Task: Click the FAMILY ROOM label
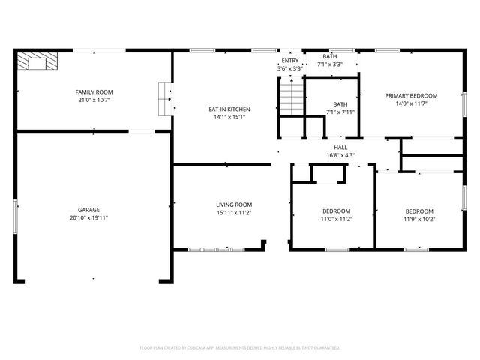94,92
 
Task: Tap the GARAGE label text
88,210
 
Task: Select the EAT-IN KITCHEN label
229,109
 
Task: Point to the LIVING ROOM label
234,205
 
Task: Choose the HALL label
340,148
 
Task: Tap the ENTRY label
289,61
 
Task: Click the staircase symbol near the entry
292,98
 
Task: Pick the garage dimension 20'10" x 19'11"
88,218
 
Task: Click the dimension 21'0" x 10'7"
94,100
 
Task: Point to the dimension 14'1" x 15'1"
229,117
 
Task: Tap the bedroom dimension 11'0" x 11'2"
337,219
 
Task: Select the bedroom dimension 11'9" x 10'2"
419,219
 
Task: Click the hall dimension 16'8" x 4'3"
340,156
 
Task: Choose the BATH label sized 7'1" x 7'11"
340,104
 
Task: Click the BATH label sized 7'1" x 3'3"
330,57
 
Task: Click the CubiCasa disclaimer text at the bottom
240,348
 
